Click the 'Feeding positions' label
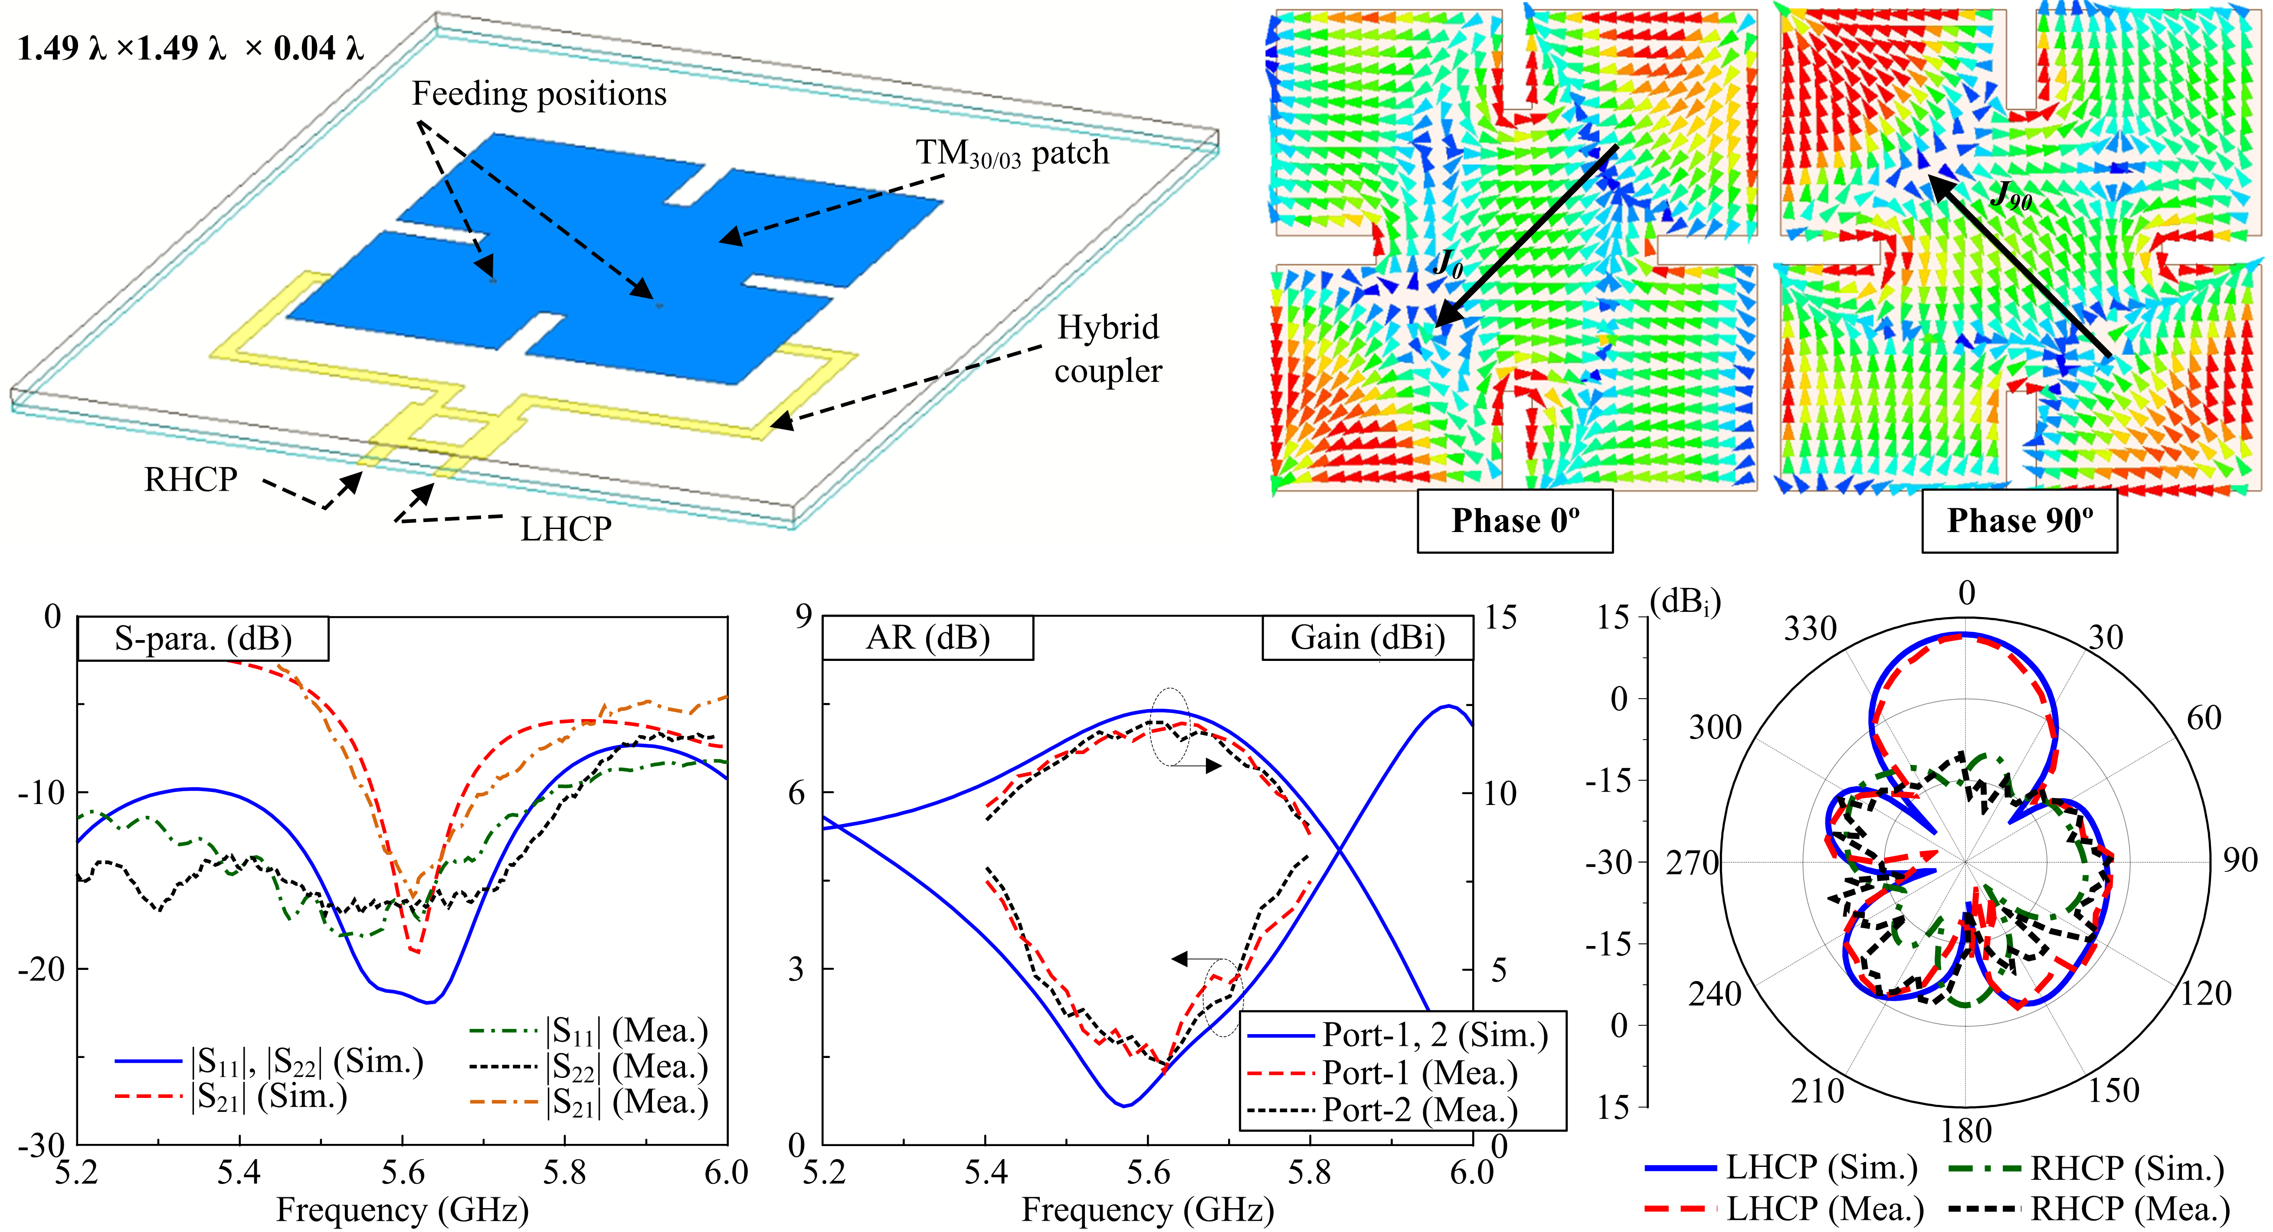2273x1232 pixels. click(539, 94)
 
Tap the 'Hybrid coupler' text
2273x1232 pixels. click(1108, 348)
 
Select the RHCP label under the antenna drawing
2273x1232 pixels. click(190, 479)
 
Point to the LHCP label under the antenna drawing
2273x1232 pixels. click(566, 529)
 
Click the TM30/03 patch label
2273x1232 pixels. click(1012, 154)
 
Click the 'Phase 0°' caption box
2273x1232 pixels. click(1514, 521)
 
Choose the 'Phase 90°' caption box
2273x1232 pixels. click(2019, 521)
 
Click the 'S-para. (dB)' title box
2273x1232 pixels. click(203, 638)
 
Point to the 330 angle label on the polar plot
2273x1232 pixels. click(1811, 629)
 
